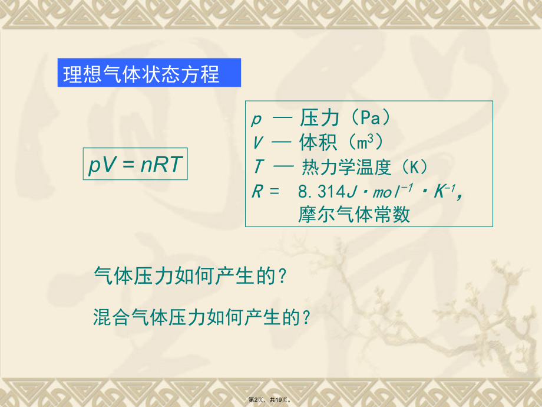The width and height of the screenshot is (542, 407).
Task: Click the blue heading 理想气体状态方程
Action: point(142,74)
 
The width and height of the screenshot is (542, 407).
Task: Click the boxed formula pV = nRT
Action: point(135,165)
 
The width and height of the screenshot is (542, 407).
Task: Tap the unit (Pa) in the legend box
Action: point(368,119)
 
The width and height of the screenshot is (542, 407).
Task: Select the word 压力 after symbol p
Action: point(320,119)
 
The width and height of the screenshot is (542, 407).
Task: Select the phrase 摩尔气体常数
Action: point(354,215)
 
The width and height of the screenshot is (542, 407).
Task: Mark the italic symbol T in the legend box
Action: point(257,168)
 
